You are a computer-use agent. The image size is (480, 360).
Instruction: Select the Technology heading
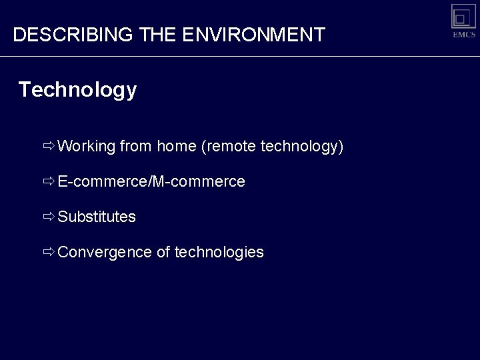coord(77,89)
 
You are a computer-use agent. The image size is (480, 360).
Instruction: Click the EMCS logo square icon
coord(463,16)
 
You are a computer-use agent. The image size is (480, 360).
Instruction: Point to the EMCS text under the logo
coord(463,35)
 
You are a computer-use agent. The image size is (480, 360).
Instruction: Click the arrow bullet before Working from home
coord(49,146)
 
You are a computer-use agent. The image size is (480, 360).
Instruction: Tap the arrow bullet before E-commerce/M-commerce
coord(49,181)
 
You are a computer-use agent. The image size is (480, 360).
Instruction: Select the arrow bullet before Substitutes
coord(49,217)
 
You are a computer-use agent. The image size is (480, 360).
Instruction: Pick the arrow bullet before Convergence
coord(49,252)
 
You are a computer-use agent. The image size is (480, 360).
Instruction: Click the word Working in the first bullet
coord(87,146)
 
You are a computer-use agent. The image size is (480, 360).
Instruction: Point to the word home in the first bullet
coord(176,146)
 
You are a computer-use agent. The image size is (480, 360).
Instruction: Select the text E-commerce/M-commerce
coord(151,181)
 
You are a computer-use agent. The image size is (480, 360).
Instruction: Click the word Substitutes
coord(97,217)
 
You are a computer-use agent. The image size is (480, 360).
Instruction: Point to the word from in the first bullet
coord(136,146)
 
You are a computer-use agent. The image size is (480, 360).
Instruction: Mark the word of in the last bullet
coord(163,252)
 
